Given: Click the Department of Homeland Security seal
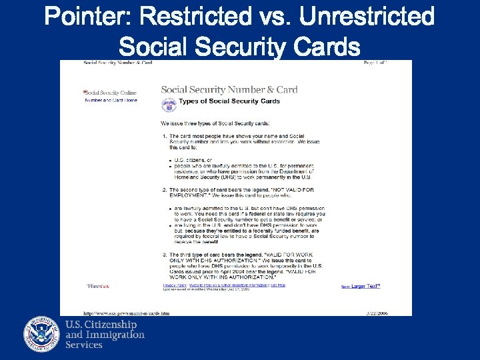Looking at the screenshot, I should coord(42,333).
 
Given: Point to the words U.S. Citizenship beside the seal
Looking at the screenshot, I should coord(101,324).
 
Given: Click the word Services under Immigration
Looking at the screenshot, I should coord(84,345).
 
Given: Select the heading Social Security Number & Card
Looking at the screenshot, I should coord(229,90).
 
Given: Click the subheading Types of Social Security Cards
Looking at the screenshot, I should coord(230,101).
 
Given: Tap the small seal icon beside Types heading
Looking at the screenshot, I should coord(169,105).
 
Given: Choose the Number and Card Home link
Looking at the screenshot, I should coord(111,100).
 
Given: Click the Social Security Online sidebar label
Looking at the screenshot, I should coord(110,93).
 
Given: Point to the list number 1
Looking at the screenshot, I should coord(164,137).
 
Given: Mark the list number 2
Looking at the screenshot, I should coord(164,190).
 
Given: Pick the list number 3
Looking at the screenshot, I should coord(164,255).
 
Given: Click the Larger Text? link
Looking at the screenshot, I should coord(365,286).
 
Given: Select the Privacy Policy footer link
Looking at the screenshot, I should coord(173,285).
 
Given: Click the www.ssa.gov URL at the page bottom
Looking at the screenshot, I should coord(126,313).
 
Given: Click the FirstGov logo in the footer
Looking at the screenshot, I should coord(97,286).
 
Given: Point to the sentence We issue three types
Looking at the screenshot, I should coord(215,123).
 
